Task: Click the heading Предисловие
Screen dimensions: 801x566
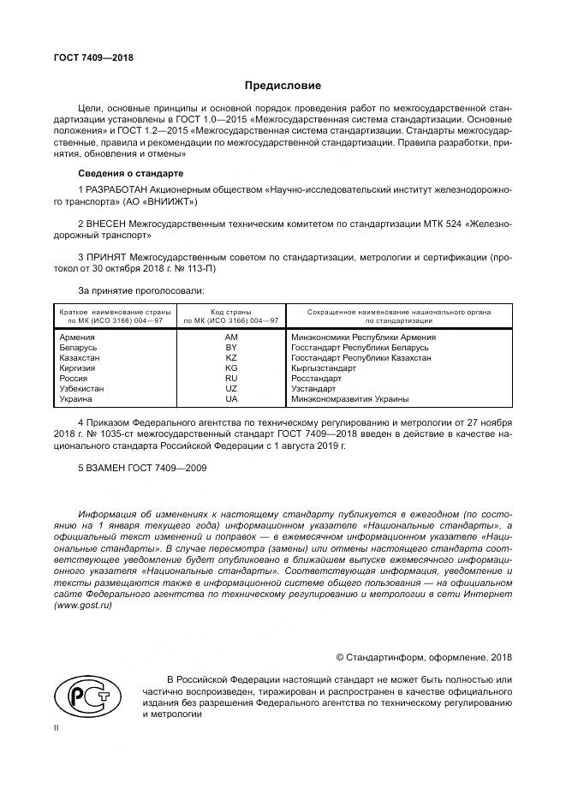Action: pyautogui.click(x=283, y=86)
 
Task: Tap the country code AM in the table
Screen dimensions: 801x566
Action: pyautogui.click(x=231, y=338)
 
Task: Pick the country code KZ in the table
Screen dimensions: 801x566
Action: pyautogui.click(x=231, y=358)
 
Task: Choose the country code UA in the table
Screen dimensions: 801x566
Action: pyautogui.click(x=231, y=399)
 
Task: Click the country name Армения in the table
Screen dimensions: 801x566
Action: pyautogui.click(x=77, y=338)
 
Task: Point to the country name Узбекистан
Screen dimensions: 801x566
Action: pyautogui.click(x=82, y=389)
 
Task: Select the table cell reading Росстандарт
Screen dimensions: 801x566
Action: pyautogui.click(x=317, y=379)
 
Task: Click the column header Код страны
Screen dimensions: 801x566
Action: pyautogui.click(x=231, y=312)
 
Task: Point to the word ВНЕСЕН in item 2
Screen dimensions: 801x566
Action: pyautogui.click(x=107, y=222)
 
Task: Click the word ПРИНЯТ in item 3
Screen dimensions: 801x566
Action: pyautogui.click(x=108, y=256)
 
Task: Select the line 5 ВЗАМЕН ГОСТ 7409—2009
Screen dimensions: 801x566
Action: pyautogui.click(x=142, y=468)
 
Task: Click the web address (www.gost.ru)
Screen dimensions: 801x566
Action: pyautogui.click(x=83, y=605)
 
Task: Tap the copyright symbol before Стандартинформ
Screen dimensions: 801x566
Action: pyautogui.click(x=340, y=657)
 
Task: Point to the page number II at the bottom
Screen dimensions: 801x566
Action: pyautogui.click(x=57, y=727)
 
